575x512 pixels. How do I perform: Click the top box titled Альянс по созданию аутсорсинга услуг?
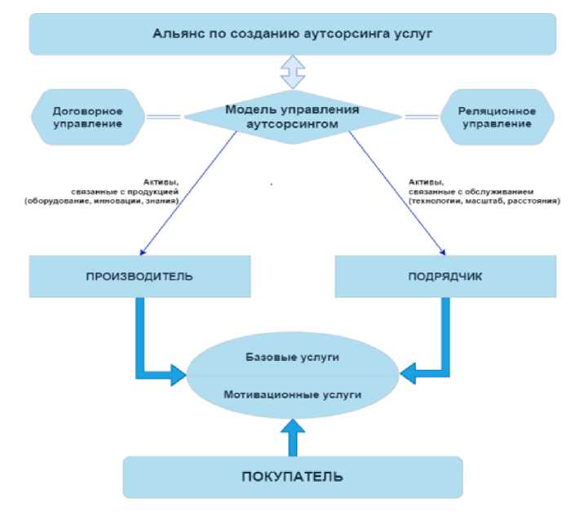(x=291, y=33)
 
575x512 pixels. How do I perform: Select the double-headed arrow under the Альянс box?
(x=291, y=71)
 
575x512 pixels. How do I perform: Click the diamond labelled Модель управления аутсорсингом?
(x=291, y=117)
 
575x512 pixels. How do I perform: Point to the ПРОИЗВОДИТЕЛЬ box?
(x=139, y=276)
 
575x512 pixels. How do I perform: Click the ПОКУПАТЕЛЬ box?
(x=291, y=476)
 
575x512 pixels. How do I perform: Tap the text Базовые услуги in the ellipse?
(x=291, y=358)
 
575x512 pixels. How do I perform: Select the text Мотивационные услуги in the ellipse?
(x=291, y=394)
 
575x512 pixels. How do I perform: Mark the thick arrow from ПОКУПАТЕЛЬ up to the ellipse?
(x=291, y=439)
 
